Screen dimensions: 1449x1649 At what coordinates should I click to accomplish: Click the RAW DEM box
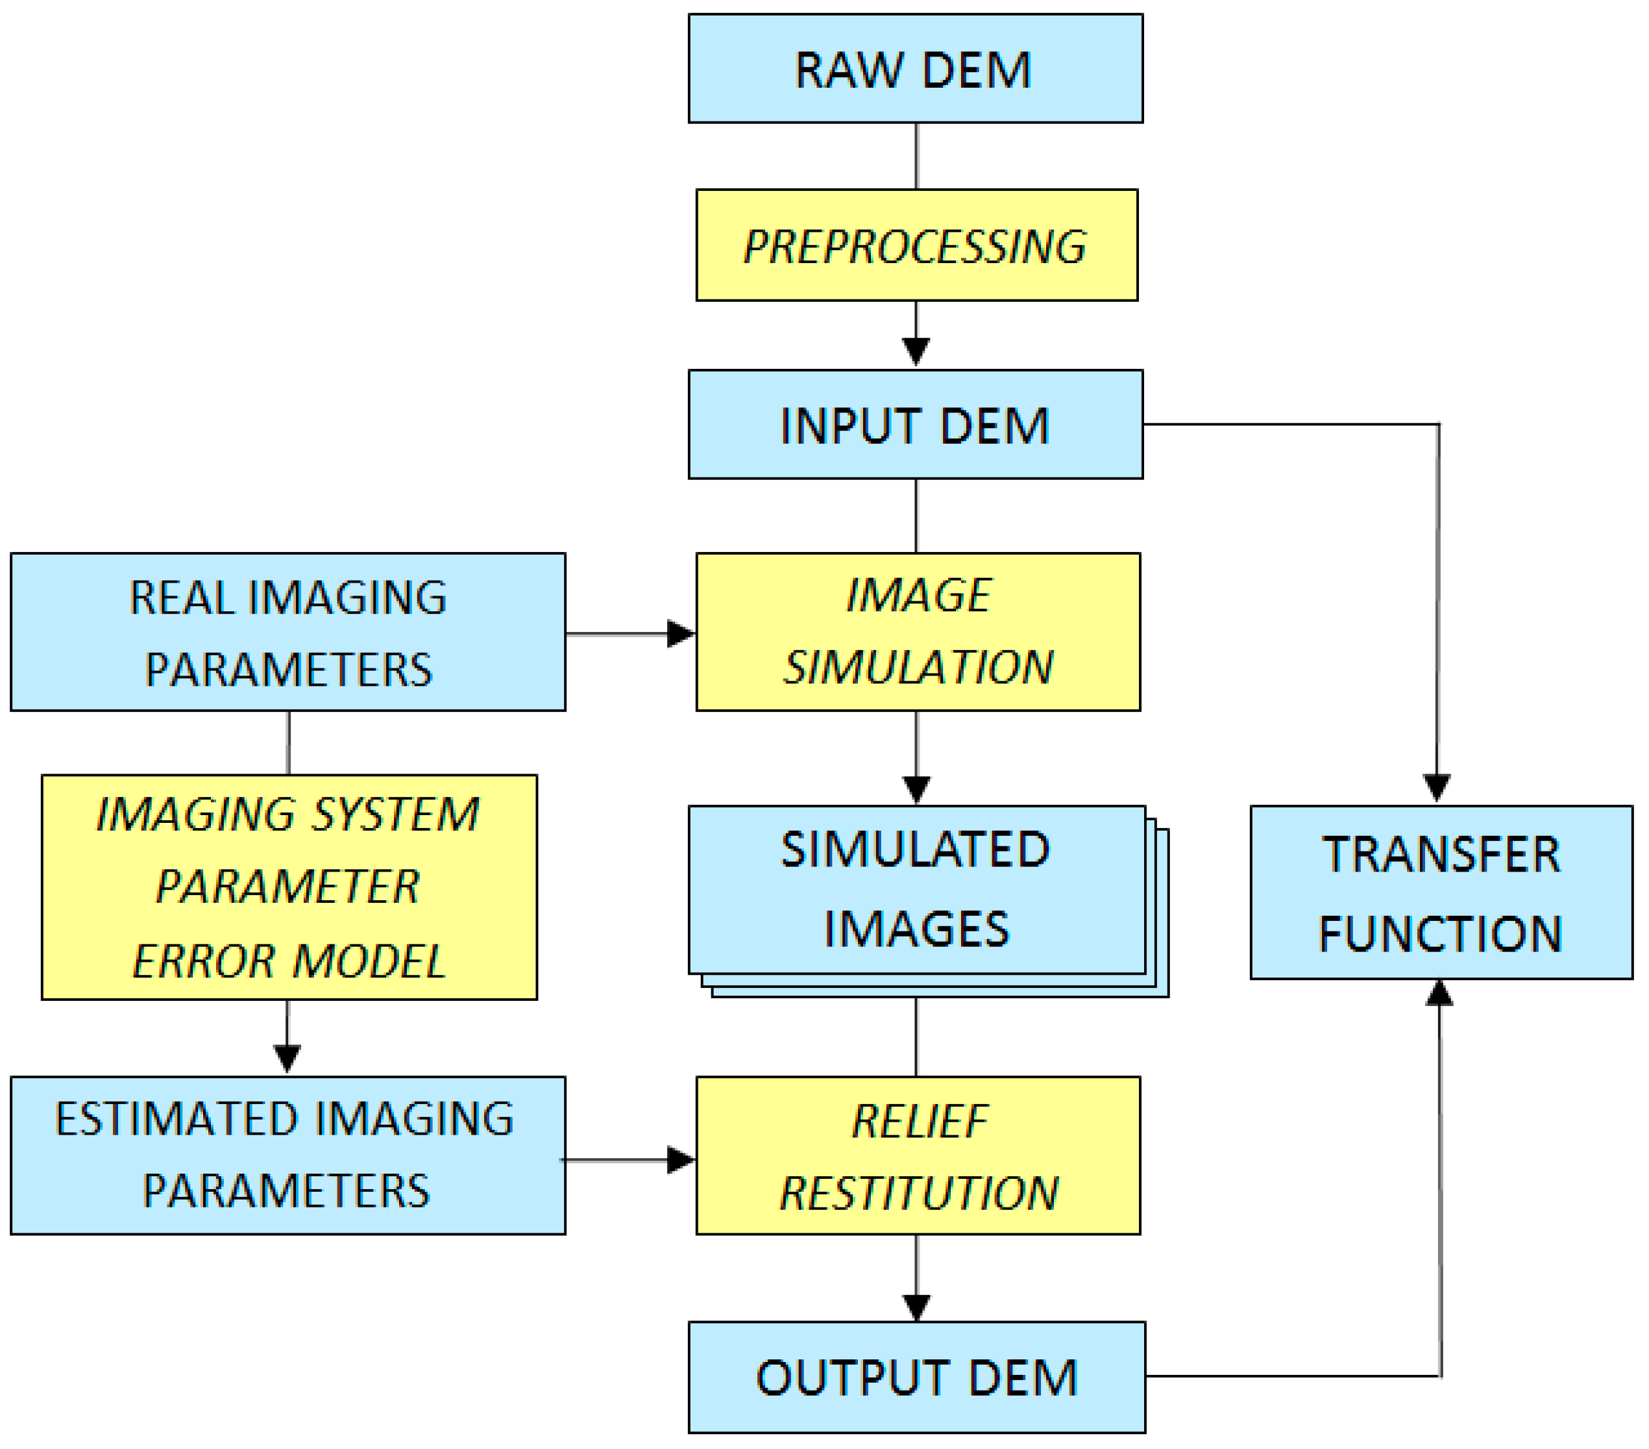(x=915, y=69)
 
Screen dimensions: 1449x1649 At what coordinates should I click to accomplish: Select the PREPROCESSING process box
(x=916, y=246)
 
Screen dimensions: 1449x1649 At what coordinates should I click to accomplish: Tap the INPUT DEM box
(x=915, y=425)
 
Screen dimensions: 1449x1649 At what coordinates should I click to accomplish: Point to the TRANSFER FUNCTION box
(x=1440, y=893)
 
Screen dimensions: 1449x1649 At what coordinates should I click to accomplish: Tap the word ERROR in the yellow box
(x=203, y=961)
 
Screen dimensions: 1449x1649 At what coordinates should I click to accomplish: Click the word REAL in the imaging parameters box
(x=182, y=598)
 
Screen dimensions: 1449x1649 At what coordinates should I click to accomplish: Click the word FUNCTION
(x=1440, y=934)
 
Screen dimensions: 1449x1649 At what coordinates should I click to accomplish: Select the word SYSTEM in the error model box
(x=395, y=814)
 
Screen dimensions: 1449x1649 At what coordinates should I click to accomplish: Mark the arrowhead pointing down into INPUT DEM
(x=916, y=351)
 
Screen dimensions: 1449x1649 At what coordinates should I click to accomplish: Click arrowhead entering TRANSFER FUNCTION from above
(x=1437, y=787)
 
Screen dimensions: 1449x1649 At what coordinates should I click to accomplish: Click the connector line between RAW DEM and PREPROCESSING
(x=916, y=156)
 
